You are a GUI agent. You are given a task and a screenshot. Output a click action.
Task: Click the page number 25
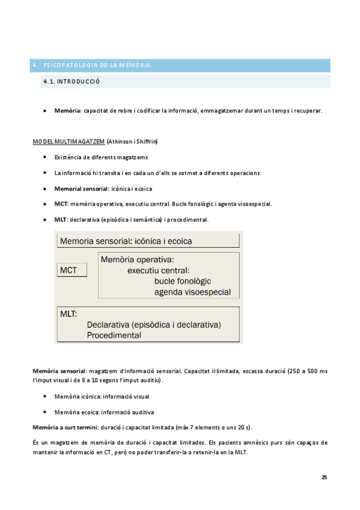pyautogui.click(x=324, y=477)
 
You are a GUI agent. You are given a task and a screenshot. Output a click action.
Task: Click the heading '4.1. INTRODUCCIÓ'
pyautogui.click(x=70, y=81)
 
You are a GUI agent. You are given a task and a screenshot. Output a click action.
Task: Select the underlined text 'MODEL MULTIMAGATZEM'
pyautogui.click(x=68, y=142)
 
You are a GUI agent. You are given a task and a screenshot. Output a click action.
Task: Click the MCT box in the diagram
pyautogui.click(x=71, y=271)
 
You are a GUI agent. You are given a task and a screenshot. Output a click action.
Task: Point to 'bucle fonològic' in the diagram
pyautogui.click(x=183, y=281)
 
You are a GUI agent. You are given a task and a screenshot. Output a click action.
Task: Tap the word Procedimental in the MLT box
pyautogui.click(x=114, y=336)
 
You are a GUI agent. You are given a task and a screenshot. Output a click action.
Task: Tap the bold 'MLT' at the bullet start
pyautogui.click(x=60, y=220)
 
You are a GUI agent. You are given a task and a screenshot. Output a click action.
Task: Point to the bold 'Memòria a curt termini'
pyautogui.click(x=65, y=427)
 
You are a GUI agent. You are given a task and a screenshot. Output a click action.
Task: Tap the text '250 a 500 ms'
pyautogui.click(x=309, y=370)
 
